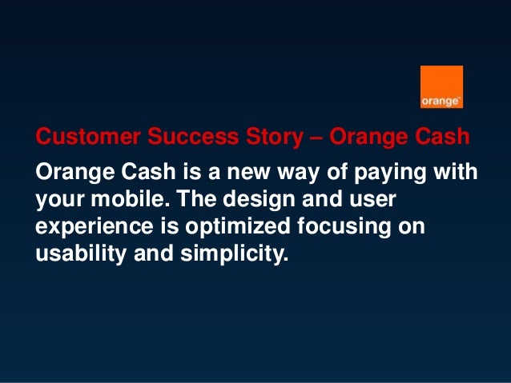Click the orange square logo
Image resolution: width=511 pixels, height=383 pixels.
(x=441, y=87)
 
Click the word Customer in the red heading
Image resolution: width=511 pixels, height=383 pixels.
(x=88, y=136)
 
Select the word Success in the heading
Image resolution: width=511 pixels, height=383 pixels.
(x=193, y=136)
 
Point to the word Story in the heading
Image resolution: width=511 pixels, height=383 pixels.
(x=275, y=138)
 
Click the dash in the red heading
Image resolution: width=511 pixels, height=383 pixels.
(x=316, y=138)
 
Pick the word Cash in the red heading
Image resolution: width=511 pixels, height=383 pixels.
(x=442, y=136)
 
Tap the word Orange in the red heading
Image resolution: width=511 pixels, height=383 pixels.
(x=368, y=138)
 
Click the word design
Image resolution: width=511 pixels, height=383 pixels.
(x=259, y=200)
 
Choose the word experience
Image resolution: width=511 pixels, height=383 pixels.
(x=95, y=227)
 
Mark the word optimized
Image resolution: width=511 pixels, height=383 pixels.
(x=238, y=227)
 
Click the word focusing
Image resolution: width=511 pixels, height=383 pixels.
(x=344, y=227)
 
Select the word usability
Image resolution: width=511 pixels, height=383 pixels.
(x=81, y=254)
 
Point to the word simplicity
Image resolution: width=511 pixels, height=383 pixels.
(x=235, y=254)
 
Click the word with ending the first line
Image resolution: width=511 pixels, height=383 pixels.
(x=455, y=171)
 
